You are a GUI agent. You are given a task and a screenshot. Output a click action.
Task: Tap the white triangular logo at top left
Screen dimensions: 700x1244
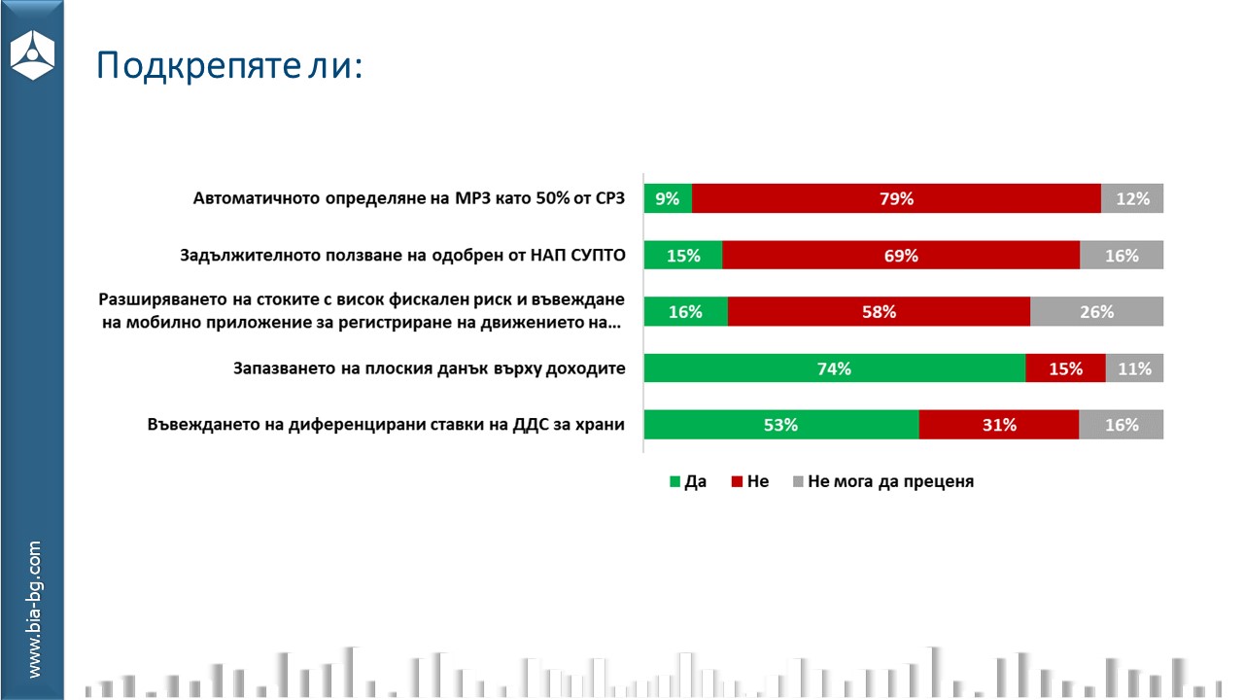32,54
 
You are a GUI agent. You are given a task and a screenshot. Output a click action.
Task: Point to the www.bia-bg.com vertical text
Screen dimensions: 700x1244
34,610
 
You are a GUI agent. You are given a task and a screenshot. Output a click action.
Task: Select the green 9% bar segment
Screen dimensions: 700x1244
668,198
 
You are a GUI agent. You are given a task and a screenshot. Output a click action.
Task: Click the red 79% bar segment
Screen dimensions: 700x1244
896,198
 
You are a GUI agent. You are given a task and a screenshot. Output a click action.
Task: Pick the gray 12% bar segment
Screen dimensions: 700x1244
1132,198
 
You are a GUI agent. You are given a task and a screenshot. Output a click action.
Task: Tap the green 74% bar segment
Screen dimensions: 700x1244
834,368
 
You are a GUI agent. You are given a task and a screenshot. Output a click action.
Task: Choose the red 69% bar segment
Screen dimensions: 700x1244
901,256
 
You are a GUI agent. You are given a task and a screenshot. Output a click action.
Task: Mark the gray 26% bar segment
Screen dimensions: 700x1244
1096,312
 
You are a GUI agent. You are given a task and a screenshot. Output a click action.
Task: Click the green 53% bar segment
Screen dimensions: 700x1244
780,425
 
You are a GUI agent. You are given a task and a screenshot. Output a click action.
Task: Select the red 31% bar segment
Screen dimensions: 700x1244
998,425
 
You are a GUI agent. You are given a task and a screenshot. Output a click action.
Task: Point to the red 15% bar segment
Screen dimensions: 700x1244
1065,368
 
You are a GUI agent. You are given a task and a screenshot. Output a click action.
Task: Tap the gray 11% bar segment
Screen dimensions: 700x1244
1134,368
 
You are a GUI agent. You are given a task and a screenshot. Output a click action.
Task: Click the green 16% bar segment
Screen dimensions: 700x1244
685,312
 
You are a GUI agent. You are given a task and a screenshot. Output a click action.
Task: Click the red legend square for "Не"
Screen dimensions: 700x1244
738,481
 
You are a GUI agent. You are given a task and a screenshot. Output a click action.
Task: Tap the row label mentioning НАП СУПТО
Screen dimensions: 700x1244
402,256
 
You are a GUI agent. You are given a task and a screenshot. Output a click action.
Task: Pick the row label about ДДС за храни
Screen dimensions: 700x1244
386,425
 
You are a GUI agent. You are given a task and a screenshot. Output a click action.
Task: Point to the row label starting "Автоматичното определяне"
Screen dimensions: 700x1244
408,198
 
